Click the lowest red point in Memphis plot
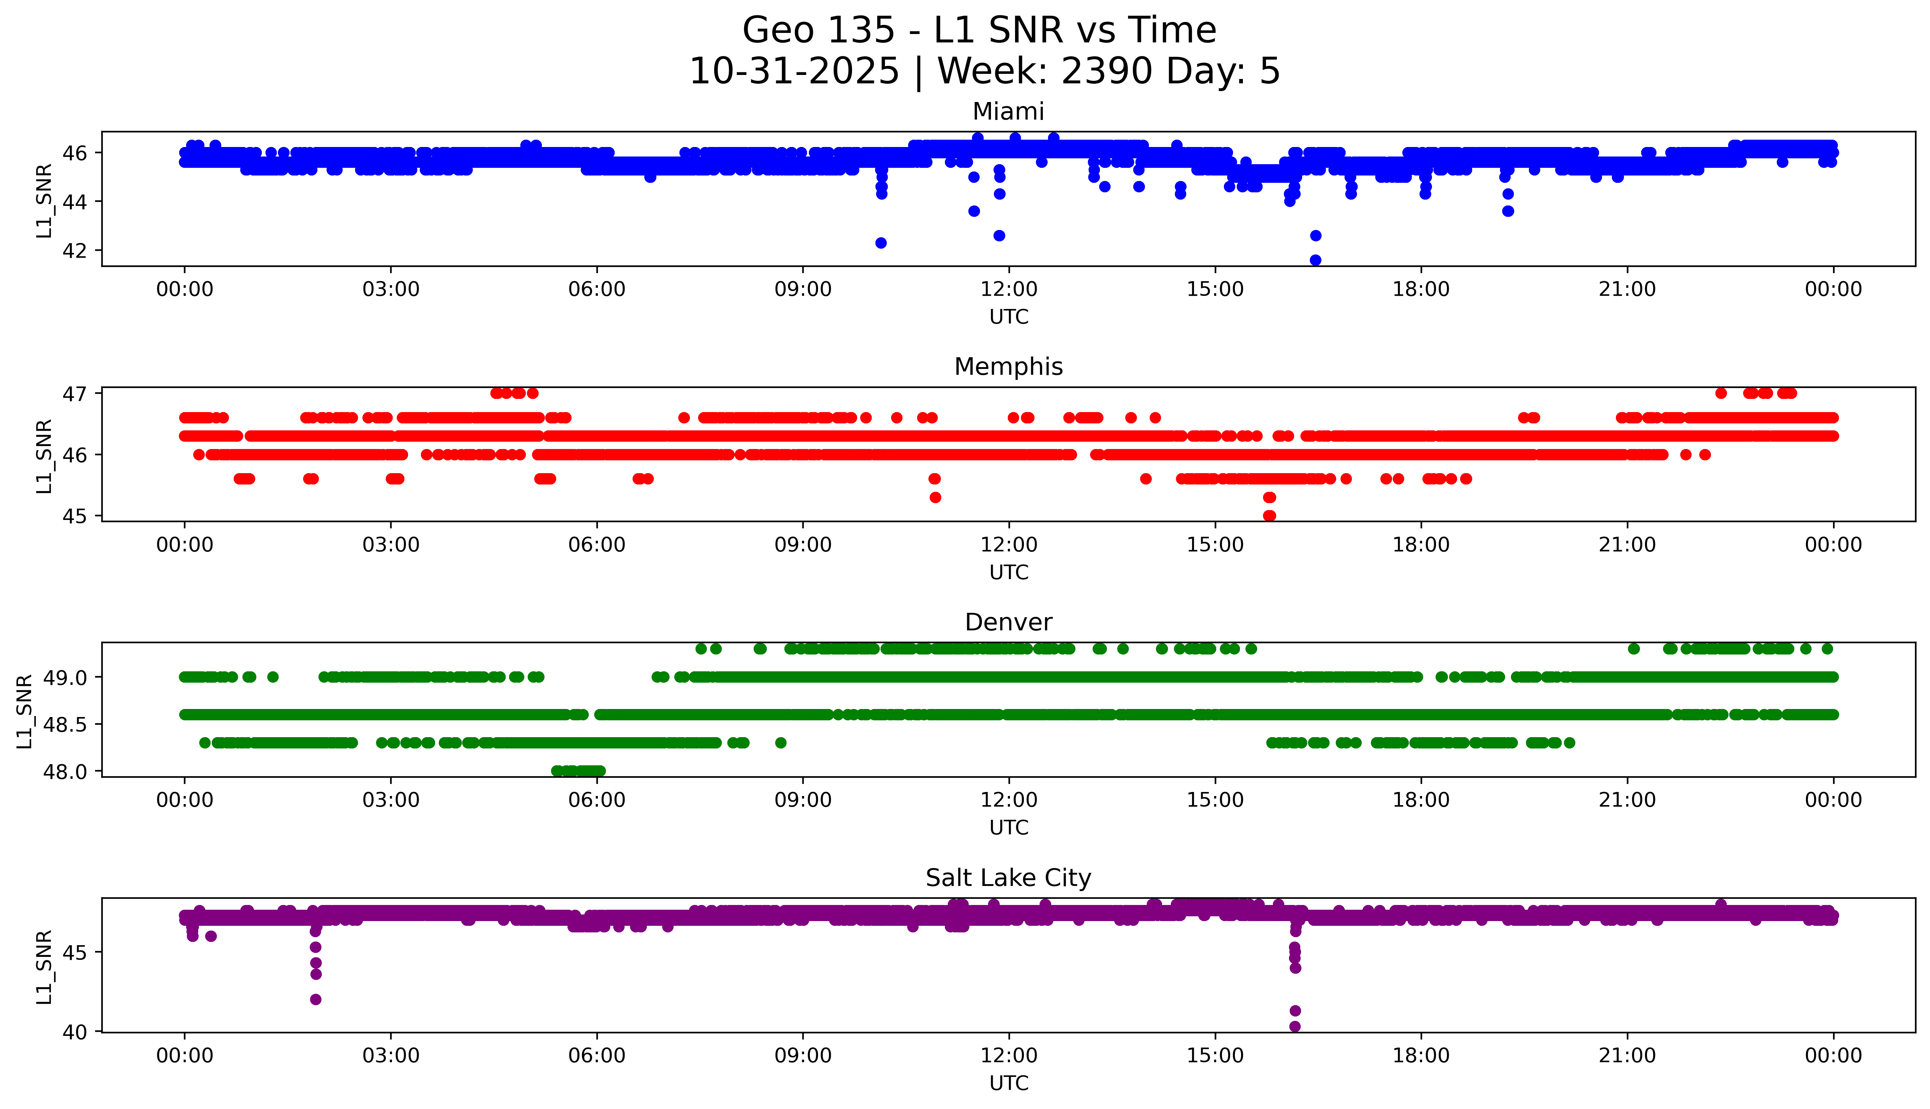[1269, 516]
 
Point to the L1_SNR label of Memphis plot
[44, 456]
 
